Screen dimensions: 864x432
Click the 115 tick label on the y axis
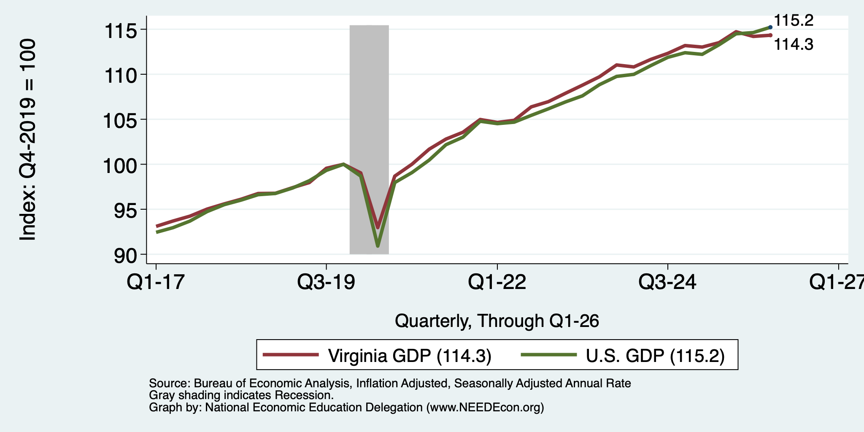point(121,31)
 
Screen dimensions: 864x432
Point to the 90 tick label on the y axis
point(126,256)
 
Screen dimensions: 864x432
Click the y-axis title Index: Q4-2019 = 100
point(28,140)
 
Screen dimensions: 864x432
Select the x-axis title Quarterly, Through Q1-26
point(497,321)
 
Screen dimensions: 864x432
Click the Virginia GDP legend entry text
point(410,356)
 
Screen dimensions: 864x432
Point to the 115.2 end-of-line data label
point(794,20)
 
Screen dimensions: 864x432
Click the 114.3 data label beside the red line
point(794,44)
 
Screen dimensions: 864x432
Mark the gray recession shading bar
point(369,140)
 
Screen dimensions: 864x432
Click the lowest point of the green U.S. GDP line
point(378,246)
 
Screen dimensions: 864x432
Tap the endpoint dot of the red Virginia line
point(770,35)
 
